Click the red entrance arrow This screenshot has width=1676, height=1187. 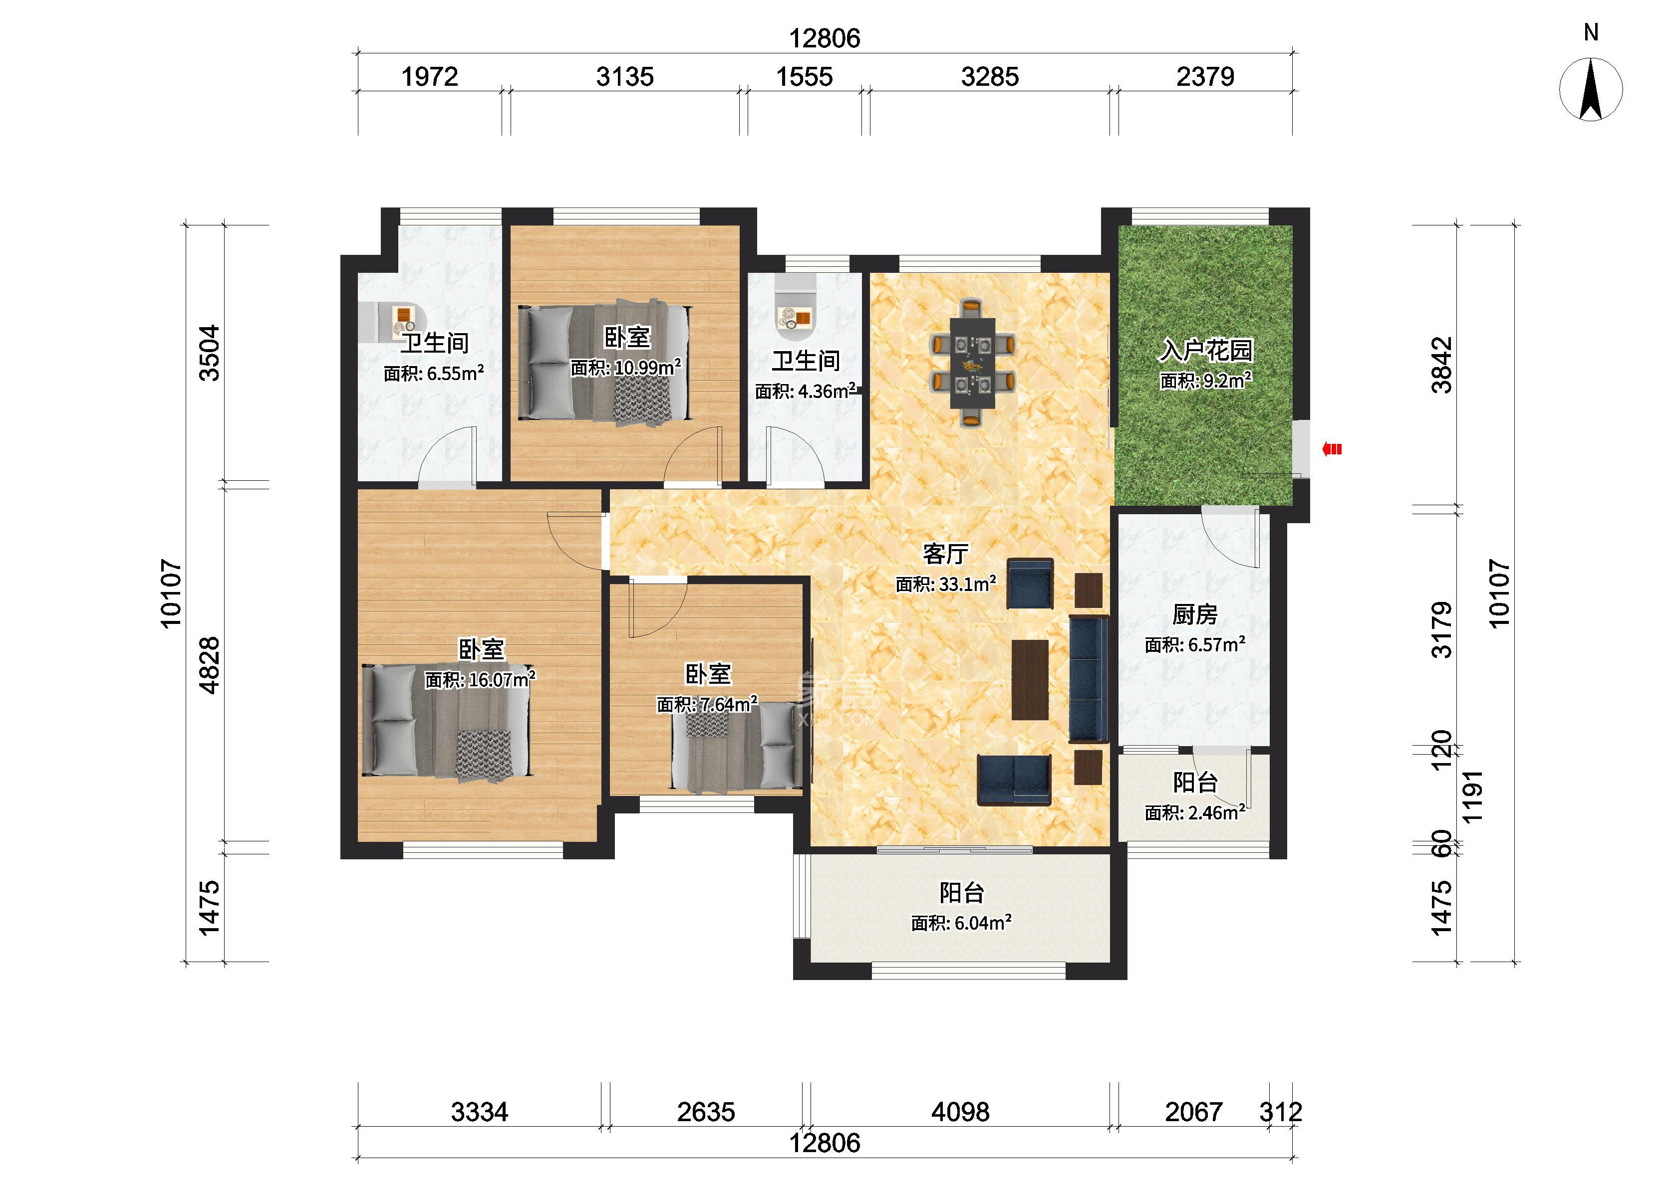coord(1332,449)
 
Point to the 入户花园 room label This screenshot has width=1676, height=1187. coord(1206,350)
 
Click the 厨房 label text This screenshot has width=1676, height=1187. coord(1195,614)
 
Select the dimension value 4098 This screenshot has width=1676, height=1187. coord(960,1112)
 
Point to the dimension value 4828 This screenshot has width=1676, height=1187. coord(209,665)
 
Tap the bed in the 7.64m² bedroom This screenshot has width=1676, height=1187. coord(737,746)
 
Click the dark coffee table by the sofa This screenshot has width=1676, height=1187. coord(1030,680)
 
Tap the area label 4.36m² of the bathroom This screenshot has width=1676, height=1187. coord(805,391)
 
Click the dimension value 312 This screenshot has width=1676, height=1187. coord(1280,1112)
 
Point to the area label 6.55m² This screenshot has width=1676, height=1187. coord(434,374)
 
